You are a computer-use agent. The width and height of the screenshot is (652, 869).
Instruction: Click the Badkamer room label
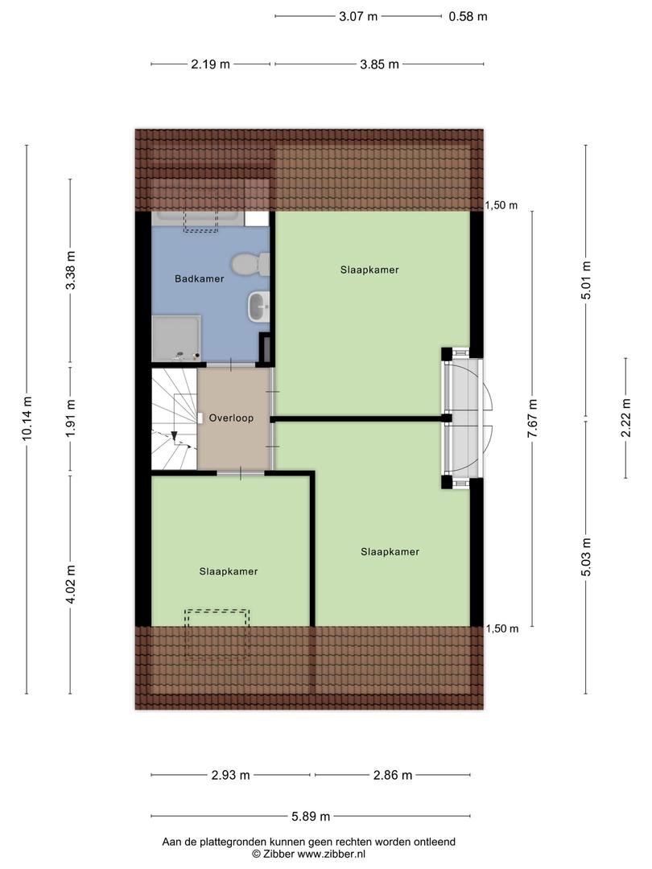199,278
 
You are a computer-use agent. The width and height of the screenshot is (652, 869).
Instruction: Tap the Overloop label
231,418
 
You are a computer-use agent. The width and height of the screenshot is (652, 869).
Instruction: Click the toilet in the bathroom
250,265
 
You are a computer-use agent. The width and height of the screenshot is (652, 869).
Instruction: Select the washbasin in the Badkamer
259,307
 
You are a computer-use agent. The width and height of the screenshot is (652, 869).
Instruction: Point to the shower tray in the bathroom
176,338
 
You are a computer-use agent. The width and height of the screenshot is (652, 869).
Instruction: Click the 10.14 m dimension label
27,418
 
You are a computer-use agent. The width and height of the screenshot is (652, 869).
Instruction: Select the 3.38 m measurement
70,270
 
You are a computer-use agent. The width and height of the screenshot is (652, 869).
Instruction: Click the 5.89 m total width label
311,816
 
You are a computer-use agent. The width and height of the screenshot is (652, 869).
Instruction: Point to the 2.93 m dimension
231,775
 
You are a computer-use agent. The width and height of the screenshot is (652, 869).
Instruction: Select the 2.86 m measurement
393,775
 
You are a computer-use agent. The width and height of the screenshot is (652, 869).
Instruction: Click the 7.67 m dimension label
532,418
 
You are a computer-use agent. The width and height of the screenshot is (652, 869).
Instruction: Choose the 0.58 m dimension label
468,17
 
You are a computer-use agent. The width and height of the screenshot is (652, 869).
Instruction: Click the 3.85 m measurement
379,64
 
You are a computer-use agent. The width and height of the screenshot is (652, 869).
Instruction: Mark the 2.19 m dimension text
211,64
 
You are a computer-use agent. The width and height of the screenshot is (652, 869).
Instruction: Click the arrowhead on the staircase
174,436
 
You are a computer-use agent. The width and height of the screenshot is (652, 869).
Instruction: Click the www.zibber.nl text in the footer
332,854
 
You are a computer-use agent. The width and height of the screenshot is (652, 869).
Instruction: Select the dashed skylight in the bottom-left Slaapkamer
217,632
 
